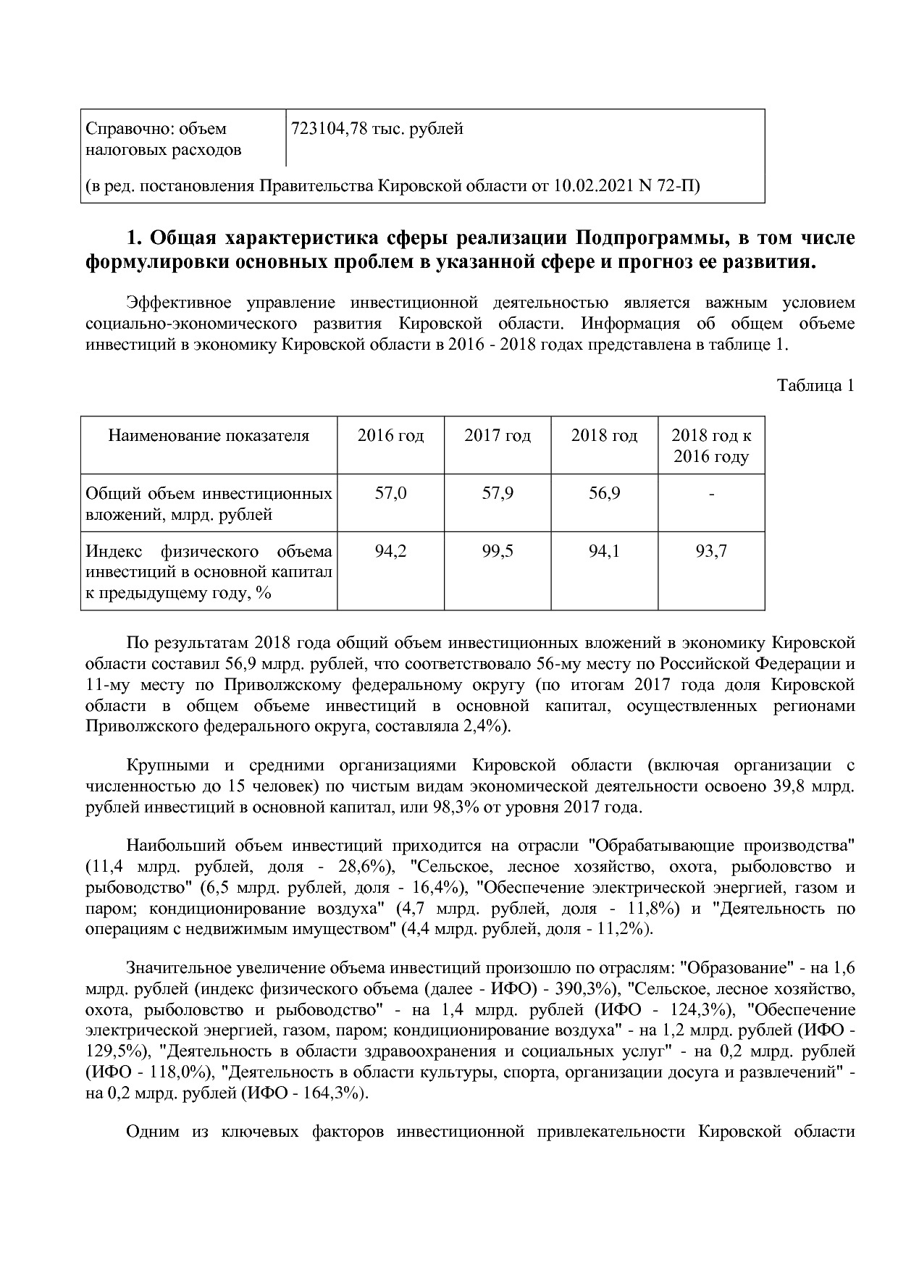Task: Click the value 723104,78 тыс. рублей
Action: tap(377, 130)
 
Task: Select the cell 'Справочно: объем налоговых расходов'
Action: tap(163, 140)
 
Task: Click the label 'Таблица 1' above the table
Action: tap(815, 385)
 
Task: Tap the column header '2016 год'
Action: tap(390, 436)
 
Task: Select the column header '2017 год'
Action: tap(497, 436)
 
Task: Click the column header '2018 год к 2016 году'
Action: tap(711, 446)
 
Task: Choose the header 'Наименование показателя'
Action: tap(209, 436)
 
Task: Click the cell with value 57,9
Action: tap(497, 494)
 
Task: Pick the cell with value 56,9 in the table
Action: tap(604, 494)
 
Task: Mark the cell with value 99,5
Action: tap(497, 552)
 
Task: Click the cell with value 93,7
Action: tap(711, 552)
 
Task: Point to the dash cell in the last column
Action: tap(711, 494)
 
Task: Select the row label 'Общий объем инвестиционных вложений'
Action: tap(209, 504)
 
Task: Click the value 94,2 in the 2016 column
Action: tap(390, 552)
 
